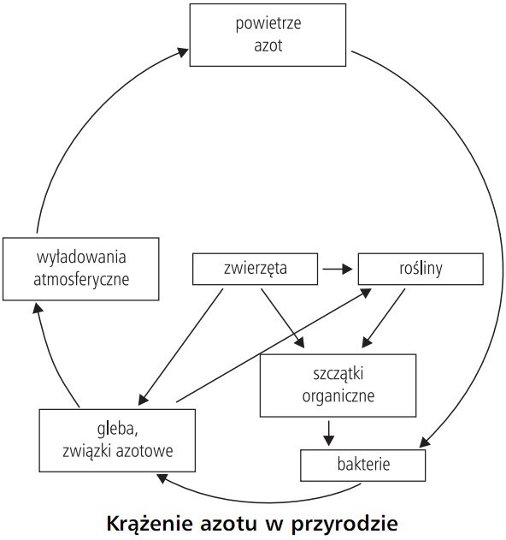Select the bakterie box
[x=362, y=466]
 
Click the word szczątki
[x=338, y=375]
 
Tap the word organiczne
[x=338, y=395]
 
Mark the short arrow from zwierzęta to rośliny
[x=336, y=269]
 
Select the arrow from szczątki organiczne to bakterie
[x=327, y=432]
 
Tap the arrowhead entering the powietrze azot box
[x=183, y=51]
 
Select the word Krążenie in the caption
[x=144, y=520]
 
